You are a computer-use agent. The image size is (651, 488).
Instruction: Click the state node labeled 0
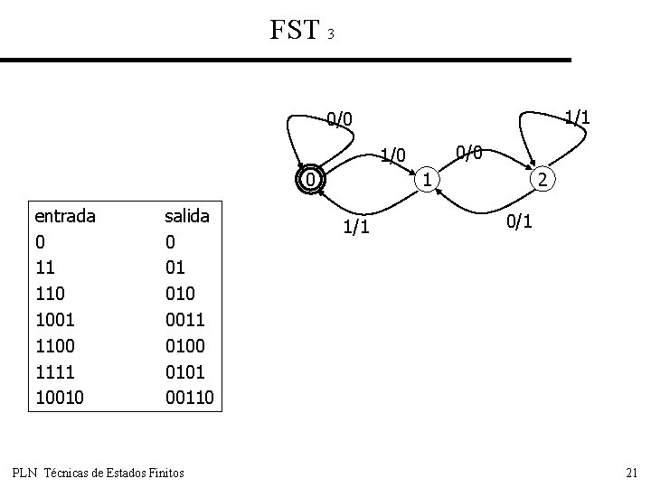coord(310,180)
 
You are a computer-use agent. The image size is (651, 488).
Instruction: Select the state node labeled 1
coord(427,180)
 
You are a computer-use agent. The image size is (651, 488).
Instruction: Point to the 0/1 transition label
coord(520,220)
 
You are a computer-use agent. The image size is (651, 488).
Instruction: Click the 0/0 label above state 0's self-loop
coord(340,117)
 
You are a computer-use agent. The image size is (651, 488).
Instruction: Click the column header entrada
coord(65,216)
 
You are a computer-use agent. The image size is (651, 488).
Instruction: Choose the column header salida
coord(186,216)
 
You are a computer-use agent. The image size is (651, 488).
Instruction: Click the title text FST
coord(295,31)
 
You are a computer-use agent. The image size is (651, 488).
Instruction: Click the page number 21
coord(631,473)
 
